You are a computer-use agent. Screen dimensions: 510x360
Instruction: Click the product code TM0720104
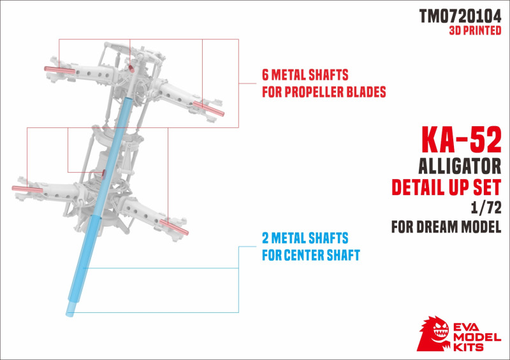pyautogui.click(x=460, y=16)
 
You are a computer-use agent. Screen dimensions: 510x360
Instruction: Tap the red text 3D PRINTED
pyautogui.click(x=475, y=30)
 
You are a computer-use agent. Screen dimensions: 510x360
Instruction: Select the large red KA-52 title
pyautogui.click(x=462, y=140)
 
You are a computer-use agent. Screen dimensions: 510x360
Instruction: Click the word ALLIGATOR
pyautogui.click(x=460, y=166)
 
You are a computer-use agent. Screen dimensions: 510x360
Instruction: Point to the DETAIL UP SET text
pyautogui.click(x=446, y=187)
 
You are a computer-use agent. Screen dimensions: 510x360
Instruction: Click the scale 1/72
pyautogui.click(x=486, y=208)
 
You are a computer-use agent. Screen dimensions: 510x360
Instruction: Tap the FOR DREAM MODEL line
pyautogui.click(x=446, y=227)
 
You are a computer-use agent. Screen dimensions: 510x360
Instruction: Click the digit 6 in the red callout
pyautogui.click(x=265, y=75)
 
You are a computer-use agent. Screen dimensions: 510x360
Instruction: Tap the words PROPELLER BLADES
pyautogui.click(x=335, y=92)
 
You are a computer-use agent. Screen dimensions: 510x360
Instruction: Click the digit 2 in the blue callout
pyautogui.click(x=265, y=238)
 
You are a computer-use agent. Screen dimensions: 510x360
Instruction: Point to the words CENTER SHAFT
pyautogui.click(x=322, y=255)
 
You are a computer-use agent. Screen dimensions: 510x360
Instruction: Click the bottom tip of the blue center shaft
pyautogui.click(x=69, y=315)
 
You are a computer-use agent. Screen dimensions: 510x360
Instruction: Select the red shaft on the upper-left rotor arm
pyautogui.click(x=59, y=70)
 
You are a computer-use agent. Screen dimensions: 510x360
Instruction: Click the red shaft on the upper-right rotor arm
pyautogui.click(x=208, y=108)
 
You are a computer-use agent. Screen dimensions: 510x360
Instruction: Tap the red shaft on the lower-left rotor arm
pyautogui.click(x=27, y=189)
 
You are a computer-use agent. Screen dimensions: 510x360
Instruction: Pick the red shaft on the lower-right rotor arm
pyautogui.click(x=174, y=227)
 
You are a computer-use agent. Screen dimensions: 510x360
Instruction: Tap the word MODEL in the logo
pyautogui.click(x=477, y=337)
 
